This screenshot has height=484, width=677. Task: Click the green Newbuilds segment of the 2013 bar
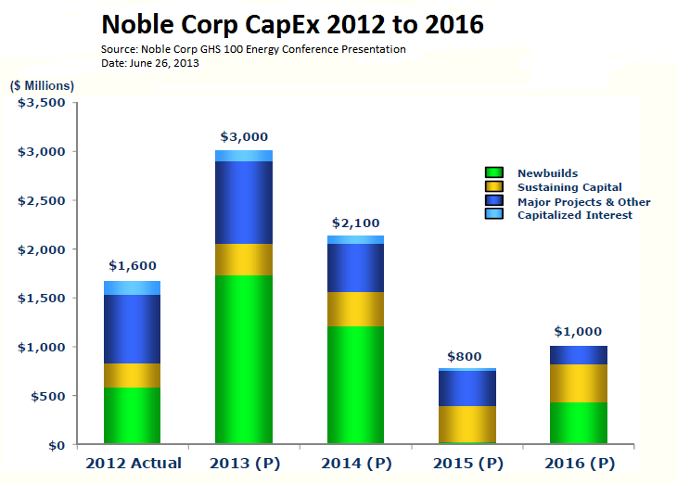pyautogui.click(x=244, y=360)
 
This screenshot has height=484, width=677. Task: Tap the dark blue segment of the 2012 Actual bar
pyautogui.click(x=132, y=328)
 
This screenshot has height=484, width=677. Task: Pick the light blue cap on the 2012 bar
pyautogui.click(x=132, y=287)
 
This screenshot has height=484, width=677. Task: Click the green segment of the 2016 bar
pyautogui.click(x=580, y=423)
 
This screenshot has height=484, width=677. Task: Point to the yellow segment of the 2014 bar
pyautogui.click(x=356, y=309)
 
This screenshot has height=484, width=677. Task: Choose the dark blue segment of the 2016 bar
pyautogui.click(x=580, y=355)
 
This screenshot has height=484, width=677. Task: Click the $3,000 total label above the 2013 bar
pyautogui.click(x=244, y=136)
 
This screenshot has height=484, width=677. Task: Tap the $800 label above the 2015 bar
pyautogui.click(x=464, y=355)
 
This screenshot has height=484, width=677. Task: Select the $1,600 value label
pyautogui.click(x=132, y=266)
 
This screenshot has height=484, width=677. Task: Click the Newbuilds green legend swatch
pyautogui.click(x=494, y=172)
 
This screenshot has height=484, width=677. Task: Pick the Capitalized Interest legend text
pyautogui.click(x=575, y=215)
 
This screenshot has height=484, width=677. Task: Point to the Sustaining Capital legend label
pyautogui.click(x=569, y=187)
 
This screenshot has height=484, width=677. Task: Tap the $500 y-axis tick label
pyautogui.click(x=46, y=396)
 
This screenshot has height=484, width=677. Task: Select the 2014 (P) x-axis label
pyautogui.click(x=356, y=463)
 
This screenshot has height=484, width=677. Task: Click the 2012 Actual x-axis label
pyautogui.click(x=134, y=463)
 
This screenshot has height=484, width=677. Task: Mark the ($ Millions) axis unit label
pyautogui.click(x=43, y=85)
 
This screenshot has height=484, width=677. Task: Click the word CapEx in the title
pyautogui.click(x=292, y=23)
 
